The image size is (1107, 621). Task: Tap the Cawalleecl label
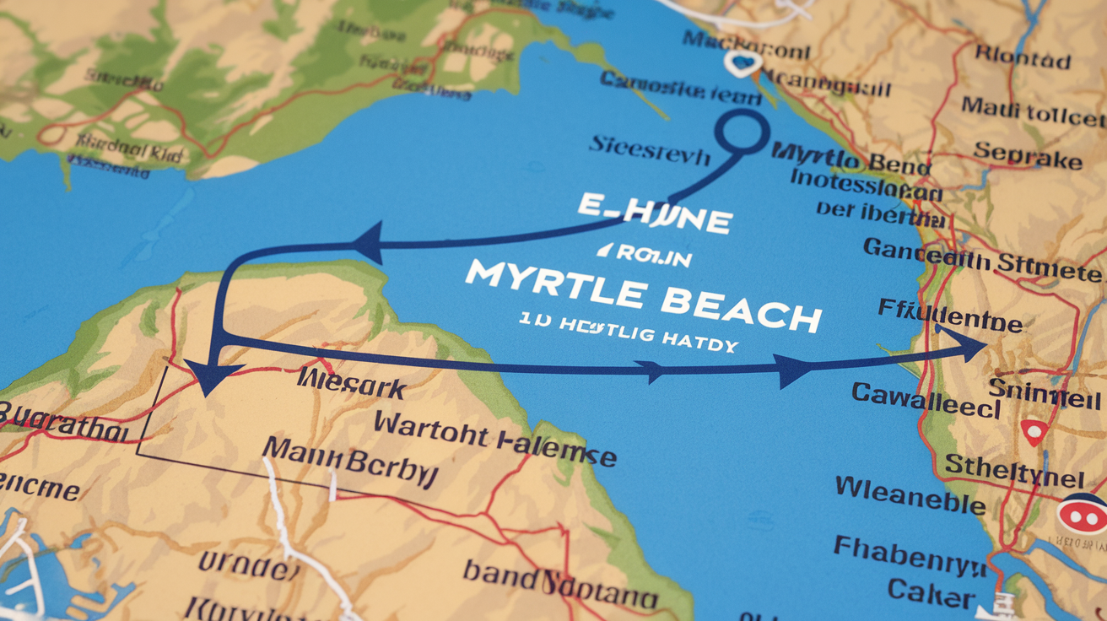click(x=926, y=399)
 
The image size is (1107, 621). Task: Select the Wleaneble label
click(x=910, y=495)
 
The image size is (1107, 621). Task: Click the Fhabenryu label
click(x=910, y=555)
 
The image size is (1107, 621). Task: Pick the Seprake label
click(x=1027, y=154)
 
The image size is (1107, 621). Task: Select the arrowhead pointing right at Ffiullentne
click(x=967, y=344)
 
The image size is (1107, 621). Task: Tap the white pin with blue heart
click(x=742, y=62)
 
